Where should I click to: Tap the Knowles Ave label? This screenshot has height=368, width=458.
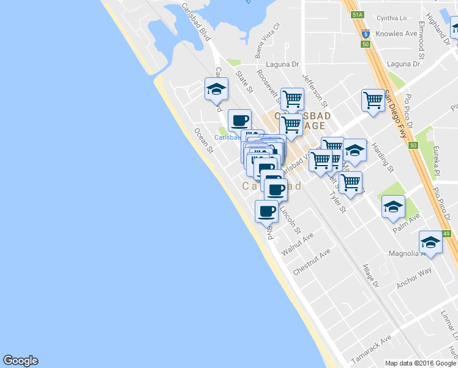(x=396, y=34)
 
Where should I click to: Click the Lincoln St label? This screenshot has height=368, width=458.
(x=290, y=220)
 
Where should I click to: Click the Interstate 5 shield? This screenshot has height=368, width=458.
(x=366, y=34)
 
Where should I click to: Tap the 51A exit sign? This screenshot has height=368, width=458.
(x=358, y=14)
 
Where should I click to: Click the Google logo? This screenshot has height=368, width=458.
(x=20, y=361)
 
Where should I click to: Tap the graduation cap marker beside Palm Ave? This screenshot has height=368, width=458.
(x=393, y=207)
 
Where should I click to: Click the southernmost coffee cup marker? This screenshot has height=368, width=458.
(x=266, y=212)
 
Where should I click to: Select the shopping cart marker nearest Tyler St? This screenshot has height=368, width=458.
(x=350, y=182)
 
